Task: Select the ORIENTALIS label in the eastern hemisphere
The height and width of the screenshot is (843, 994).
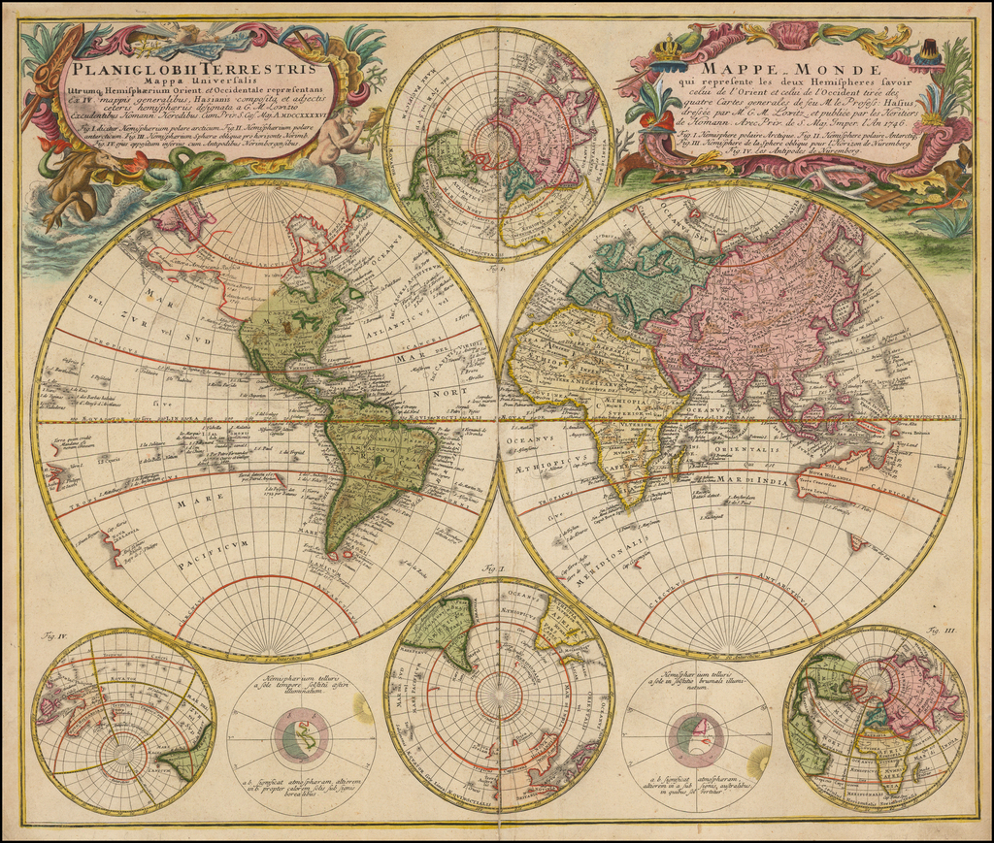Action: coord(748,449)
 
